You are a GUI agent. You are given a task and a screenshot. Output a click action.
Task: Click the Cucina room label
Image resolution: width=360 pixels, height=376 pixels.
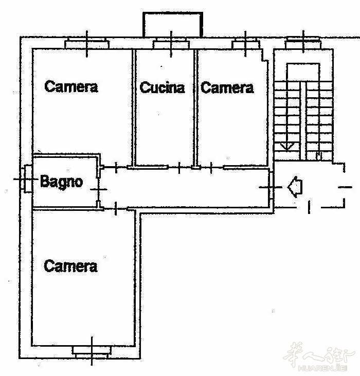(x=163, y=87)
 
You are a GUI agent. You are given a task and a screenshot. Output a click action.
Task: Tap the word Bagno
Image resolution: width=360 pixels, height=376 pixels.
(x=62, y=182)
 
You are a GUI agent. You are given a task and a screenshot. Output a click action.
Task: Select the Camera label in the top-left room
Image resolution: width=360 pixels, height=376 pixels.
(x=71, y=86)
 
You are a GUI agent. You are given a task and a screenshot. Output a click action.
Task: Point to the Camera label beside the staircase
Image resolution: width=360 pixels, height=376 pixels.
(x=227, y=87)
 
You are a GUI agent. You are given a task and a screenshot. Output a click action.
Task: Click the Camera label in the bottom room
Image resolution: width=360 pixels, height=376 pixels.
(x=70, y=266)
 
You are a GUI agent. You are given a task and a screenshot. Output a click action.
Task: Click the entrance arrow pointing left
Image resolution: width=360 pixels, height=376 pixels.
(x=295, y=187)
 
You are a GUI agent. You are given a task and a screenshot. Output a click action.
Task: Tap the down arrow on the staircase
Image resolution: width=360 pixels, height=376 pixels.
(x=287, y=146)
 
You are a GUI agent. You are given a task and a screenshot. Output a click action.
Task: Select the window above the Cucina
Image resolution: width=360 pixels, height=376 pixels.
(x=171, y=44)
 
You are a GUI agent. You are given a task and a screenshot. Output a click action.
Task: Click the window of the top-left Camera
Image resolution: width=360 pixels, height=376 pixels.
(x=87, y=43)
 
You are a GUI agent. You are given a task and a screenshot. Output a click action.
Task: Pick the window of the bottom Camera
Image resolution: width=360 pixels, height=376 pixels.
(x=92, y=352)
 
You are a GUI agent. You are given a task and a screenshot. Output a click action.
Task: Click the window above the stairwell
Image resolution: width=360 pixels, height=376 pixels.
(x=303, y=43)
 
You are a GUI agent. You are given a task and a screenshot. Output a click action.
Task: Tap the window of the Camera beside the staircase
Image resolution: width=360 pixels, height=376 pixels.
(x=245, y=43)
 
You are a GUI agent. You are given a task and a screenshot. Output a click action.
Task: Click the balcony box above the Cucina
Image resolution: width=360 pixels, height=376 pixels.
(x=173, y=25)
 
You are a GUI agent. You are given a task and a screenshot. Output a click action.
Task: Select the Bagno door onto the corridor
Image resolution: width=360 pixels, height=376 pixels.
(x=99, y=189)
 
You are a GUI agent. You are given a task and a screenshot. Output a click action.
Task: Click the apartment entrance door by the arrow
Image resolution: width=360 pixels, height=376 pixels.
(x=271, y=187)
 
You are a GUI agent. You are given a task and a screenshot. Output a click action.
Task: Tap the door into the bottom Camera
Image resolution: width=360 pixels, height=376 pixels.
(x=116, y=209)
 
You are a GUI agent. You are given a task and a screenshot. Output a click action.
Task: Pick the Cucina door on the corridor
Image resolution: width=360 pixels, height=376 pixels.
(x=179, y=167)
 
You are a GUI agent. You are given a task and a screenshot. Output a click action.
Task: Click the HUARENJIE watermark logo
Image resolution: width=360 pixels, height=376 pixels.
(x=319, y=357)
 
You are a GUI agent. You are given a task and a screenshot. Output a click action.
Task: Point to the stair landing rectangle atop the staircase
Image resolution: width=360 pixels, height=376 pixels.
(x=303, y=73)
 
